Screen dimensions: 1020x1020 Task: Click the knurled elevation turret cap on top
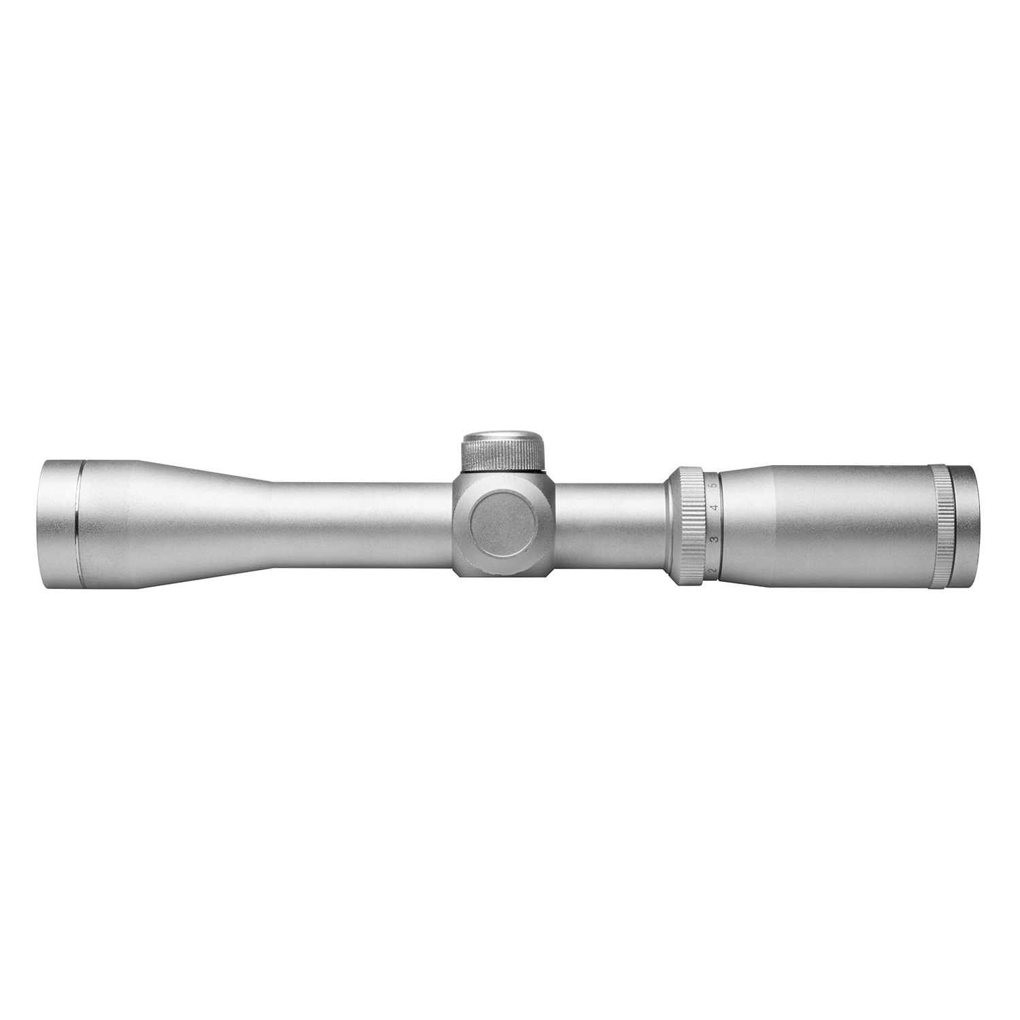point(504,453)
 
